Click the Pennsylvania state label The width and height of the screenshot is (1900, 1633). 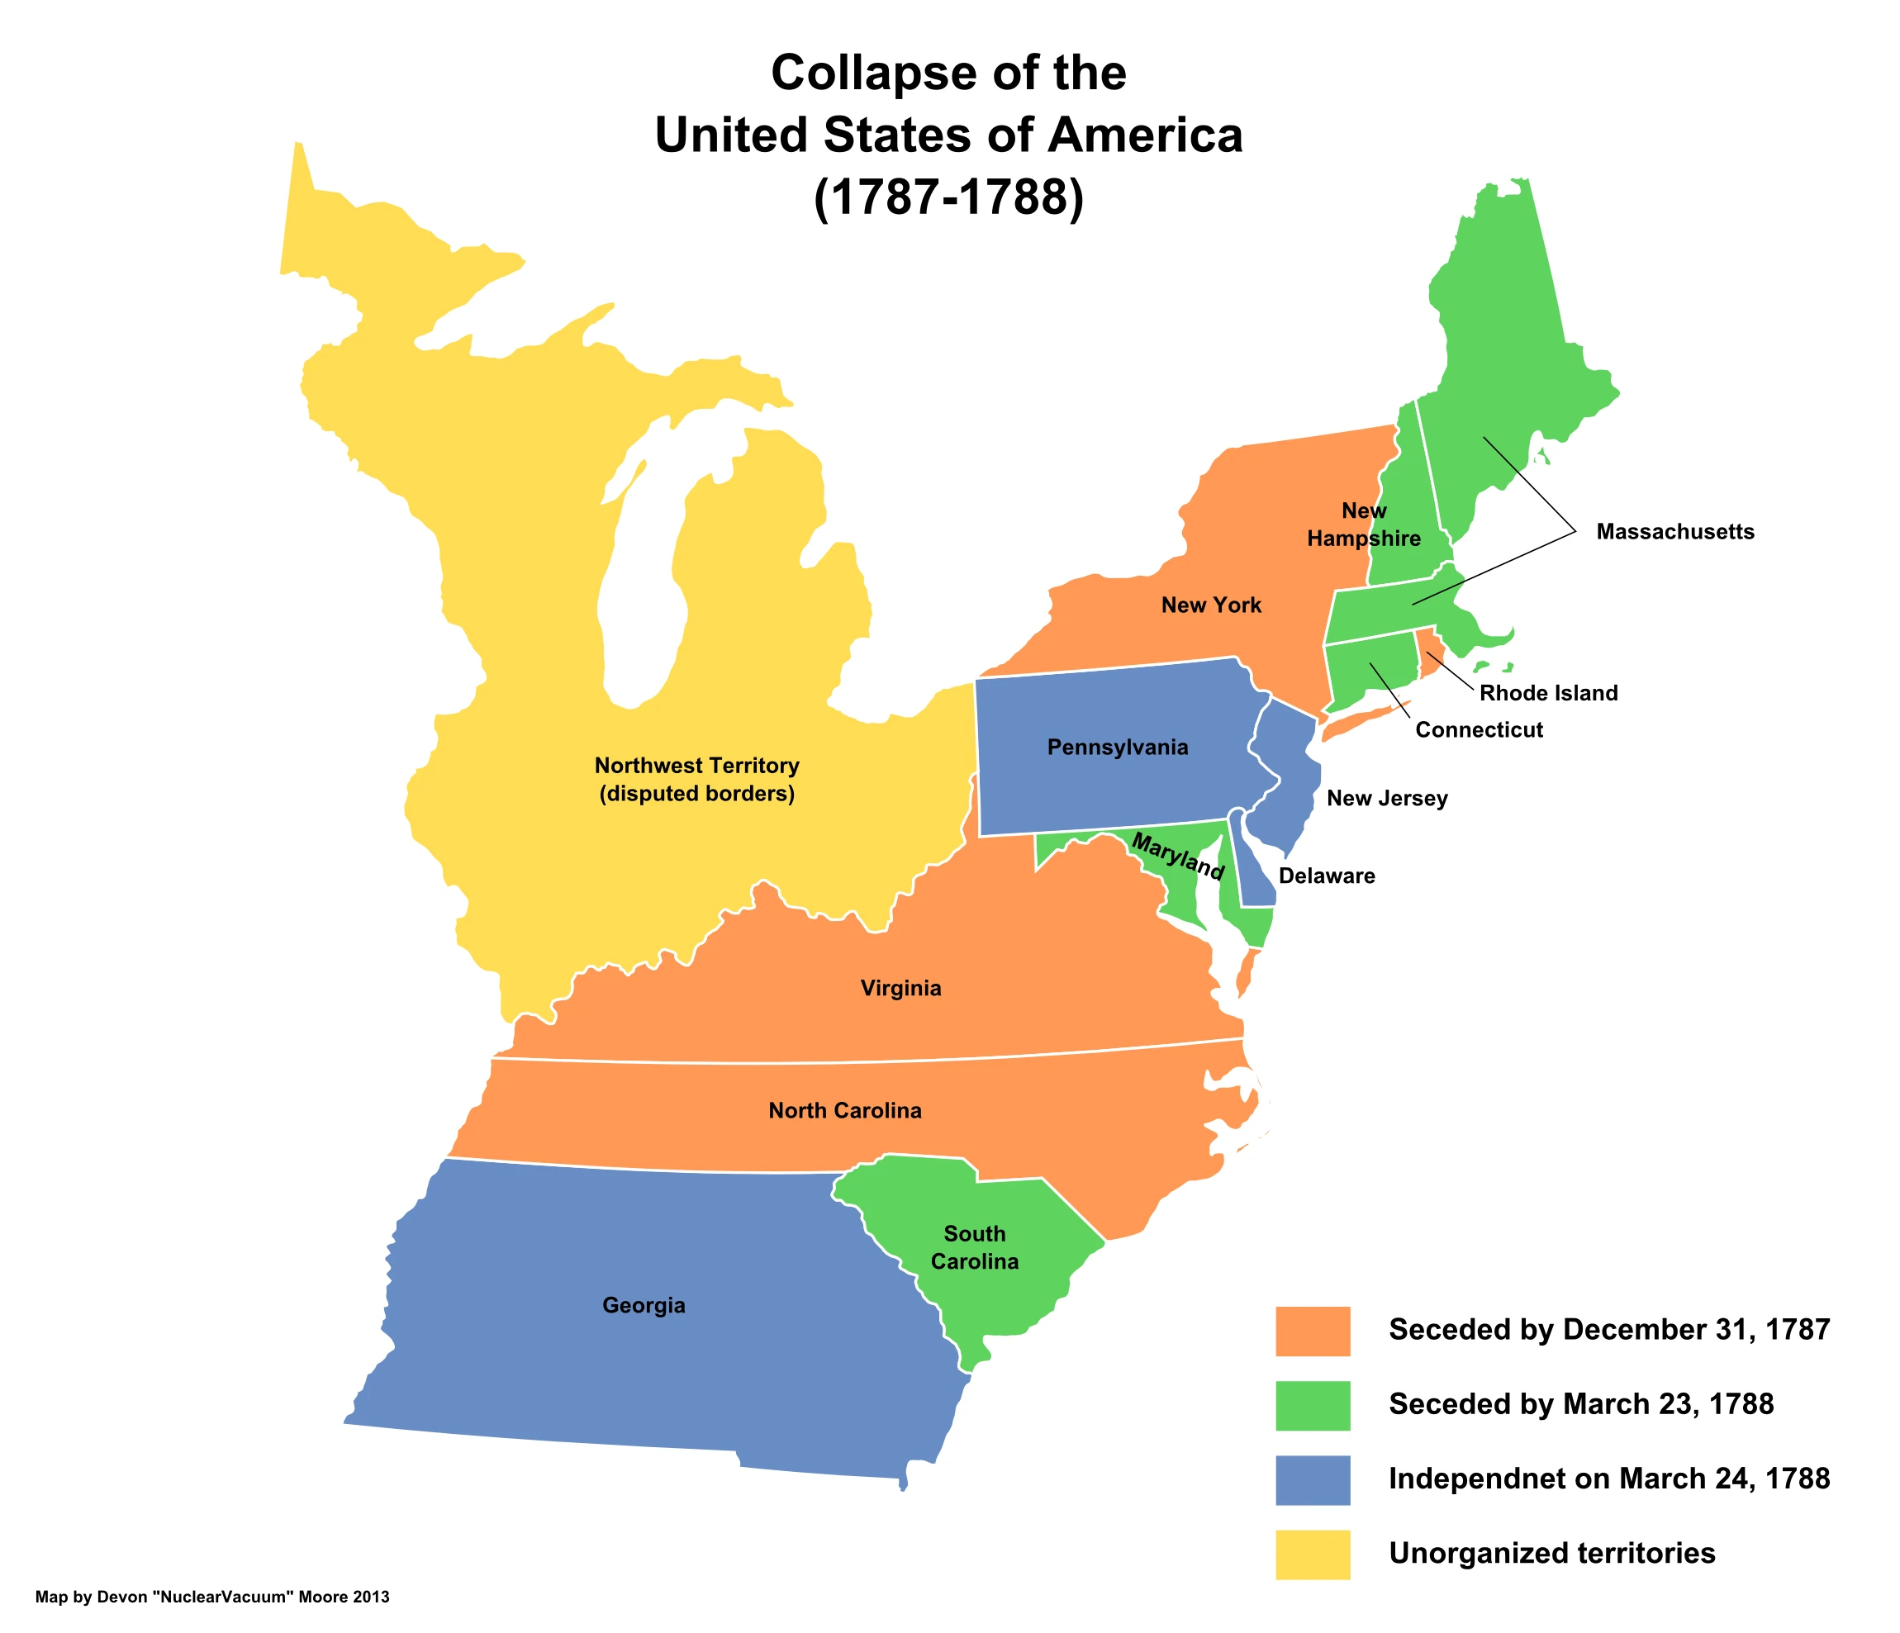[x=1117, y=748]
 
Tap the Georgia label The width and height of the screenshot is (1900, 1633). [x=644, y=1305]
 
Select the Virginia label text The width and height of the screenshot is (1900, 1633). [x=900, y=989]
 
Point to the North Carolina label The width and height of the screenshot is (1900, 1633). [x=844, y=1111]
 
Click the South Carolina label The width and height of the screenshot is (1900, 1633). [x=974, y=1248]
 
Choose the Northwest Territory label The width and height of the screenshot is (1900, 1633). [x=697, y=780]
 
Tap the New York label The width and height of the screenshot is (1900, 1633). [x=1210, y=605]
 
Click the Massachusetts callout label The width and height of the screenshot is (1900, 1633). [x=1674, y=532]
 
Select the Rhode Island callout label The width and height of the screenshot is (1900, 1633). [x=1548, y=693]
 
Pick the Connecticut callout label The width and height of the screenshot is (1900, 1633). [x=1478, y=730]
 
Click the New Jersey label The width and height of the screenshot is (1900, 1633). [x=1386, y=798]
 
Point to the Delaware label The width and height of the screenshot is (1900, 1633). [x=1326, y=876]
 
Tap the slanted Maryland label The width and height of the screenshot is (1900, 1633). [x=1178, y=856]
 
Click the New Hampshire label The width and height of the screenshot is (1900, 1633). [x=1364, y=525]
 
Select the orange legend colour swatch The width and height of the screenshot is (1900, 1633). [x=1312, y=1331]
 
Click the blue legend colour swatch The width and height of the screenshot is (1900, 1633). [x=1312, y=1479]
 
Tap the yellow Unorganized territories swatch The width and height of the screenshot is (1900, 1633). [x=1312, y=1553]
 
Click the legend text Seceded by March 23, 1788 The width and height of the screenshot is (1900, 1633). [x=1581, y=1405]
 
